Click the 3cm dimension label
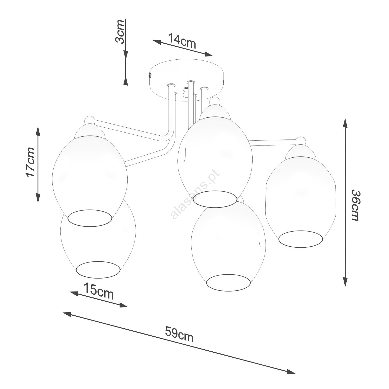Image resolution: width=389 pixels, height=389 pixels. click(120, 31)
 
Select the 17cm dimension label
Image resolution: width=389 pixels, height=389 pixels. click(30, 162)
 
